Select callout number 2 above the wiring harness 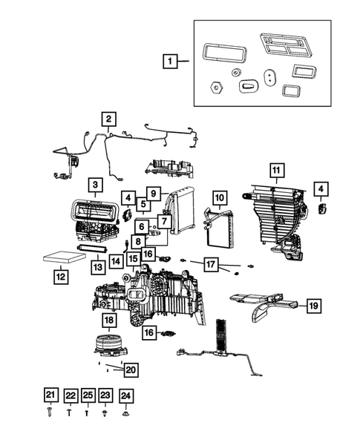[x=108, y=119]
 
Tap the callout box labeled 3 [x=95, y=184]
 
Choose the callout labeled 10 [x=219, y=198]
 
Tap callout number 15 [x=133, y=259]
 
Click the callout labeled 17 [x=212, y=263]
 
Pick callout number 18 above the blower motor [x=108, y=321]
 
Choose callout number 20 [x=131, y=369]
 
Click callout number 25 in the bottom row [x=88, y=395]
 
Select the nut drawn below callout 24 [x=125, y=410]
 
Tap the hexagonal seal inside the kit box [x=215, y=86]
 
